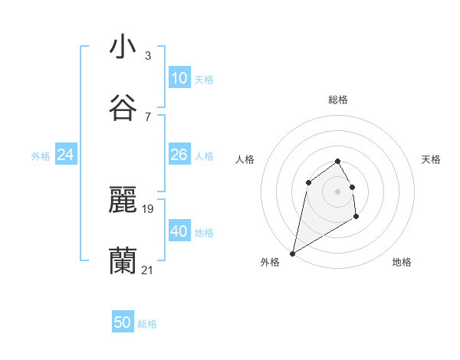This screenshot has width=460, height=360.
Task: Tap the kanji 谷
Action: tap(123, 108)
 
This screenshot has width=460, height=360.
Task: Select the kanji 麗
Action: tap(123, 200)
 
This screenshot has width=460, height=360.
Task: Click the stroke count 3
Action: tap(148, 55)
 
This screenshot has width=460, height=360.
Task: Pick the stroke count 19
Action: tap(148, 208)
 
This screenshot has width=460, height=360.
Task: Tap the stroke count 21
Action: tap(148, 270)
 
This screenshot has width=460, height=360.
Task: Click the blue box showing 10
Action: tap(179, 78)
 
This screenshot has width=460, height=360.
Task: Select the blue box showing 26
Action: tap(179, 155)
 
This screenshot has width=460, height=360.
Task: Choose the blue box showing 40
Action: tap(179, 231)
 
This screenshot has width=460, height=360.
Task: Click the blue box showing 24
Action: tap(65, 155)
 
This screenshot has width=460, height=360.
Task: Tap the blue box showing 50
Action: tap(123, 322)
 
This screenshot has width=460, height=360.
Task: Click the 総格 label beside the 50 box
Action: tap(147, 324)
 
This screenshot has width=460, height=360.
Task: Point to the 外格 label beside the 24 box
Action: tap(41, 156)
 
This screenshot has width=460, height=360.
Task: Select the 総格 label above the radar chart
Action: tap(338, 100)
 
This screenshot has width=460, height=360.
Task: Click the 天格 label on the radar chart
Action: tap(431, 159)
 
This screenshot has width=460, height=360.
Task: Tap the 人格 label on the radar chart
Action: tap(245, 159)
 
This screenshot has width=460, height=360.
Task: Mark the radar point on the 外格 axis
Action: tap(292, 253)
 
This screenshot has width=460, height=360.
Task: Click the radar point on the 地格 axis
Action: tap(356, 218)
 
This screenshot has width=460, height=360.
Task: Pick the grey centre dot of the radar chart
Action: tap(338, 191)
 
